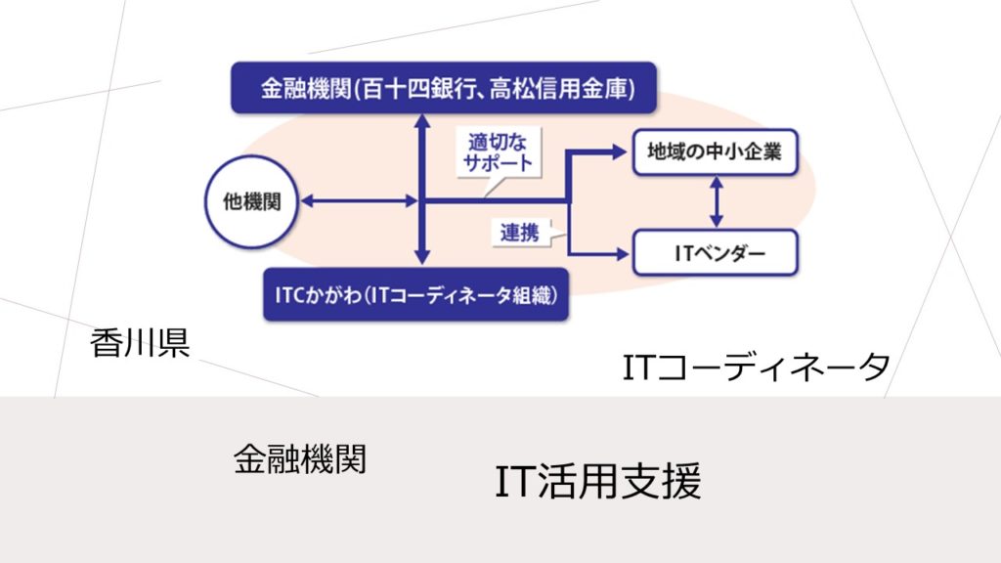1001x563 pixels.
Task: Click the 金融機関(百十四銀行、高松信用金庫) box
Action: (444, 88)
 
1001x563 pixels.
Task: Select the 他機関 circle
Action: (251, 201)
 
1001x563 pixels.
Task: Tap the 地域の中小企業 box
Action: (715, 152)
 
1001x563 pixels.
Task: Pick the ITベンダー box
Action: (715, 253)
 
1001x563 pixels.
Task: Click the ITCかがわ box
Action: (415, 294)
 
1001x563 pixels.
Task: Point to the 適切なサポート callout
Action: (498, 153)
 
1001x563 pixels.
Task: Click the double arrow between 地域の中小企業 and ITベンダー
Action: (717, 202)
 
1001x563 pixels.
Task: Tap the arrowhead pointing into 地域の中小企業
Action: (619, 152)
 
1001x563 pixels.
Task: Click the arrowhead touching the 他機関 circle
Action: (307, 201)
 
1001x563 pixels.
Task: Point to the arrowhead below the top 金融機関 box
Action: (422, 122)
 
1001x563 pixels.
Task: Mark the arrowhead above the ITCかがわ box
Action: (422, 257)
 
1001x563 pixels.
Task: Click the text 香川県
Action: (140, 343)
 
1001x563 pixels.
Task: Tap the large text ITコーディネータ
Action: (756, 368)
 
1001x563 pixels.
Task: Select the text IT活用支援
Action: (598, 481)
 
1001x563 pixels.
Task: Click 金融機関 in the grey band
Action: (300, 459)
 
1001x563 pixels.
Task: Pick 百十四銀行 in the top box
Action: (414, 89)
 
